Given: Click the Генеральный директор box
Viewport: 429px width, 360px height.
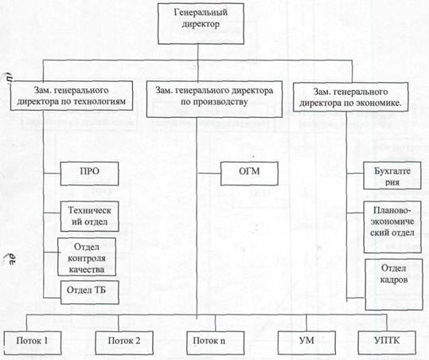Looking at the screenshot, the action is [201, 24].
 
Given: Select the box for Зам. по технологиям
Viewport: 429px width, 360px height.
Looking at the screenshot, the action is [72, 96].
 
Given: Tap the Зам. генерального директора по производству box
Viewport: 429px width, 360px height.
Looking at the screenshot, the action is [214, 99].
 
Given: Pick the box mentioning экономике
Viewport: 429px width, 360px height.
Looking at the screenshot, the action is [350, 97].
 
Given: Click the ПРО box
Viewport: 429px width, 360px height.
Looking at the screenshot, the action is [89, 174].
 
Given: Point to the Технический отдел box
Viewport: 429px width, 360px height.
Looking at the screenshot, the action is [89, 217].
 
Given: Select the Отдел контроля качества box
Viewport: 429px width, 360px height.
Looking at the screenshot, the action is [87, 256].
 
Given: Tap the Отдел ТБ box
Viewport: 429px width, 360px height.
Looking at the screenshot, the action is [89, 292].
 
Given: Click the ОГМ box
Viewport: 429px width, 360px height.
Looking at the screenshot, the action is [249, 174].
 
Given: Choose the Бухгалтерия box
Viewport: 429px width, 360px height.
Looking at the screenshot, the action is [392, 175].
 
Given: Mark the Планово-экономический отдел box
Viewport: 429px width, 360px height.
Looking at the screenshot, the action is [392, 227].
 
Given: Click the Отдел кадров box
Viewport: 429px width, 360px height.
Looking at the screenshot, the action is [394, 284].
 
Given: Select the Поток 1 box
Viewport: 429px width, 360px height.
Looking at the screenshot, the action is [33, 342].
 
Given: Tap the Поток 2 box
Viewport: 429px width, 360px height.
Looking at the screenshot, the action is [124, 342].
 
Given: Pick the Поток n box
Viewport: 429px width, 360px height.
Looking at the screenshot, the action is [215, 342].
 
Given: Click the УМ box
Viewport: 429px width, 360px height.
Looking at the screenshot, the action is [306, 342].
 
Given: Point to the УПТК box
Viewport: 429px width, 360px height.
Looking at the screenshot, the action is [387, 342].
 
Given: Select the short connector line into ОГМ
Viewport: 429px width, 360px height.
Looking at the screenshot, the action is [209, 174].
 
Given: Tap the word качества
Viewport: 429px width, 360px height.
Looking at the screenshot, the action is [87, 270].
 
